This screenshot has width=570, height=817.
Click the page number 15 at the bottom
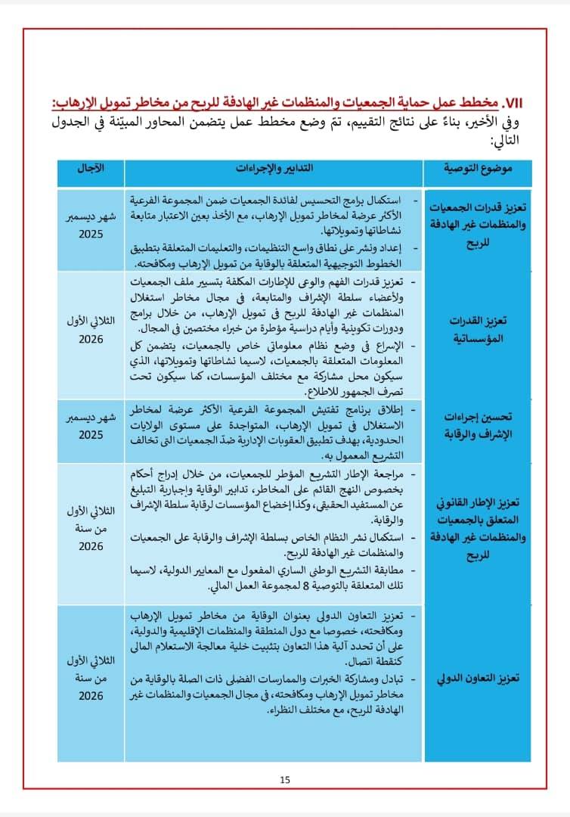pos(285,780)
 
